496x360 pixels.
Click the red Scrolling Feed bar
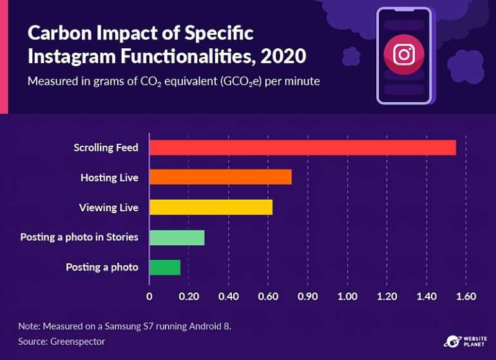302,147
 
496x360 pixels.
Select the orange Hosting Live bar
220,177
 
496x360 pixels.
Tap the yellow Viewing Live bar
211,207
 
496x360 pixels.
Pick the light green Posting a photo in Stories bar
176,237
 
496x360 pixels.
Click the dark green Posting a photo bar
165,267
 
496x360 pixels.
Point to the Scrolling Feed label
106,147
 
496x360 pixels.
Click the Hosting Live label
109,177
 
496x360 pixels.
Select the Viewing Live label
108,207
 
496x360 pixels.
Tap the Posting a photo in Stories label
79,237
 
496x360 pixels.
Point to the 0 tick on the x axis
149,297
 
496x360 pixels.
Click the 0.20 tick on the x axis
189,297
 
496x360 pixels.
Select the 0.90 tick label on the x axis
308,297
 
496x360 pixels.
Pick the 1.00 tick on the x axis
347,297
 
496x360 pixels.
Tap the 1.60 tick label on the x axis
466,297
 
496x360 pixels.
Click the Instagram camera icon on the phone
404,55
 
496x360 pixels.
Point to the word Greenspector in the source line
77,341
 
